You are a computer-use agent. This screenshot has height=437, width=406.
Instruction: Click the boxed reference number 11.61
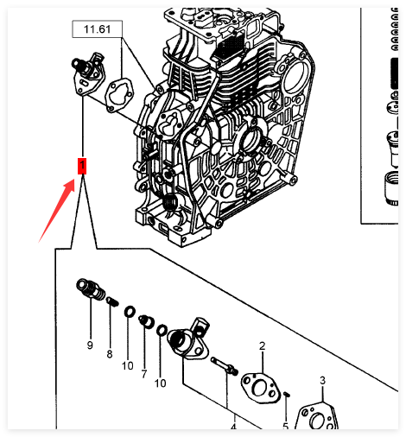pos(97,29)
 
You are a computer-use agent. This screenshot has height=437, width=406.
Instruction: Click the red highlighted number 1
pos(82,166)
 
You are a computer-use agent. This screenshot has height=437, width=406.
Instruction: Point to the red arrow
pos(57,211)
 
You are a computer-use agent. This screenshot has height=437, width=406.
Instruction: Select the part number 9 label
pos(90,345)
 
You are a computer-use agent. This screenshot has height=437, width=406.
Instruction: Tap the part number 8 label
pos(110,354)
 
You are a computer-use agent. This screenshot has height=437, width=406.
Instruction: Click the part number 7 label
pos(144,374)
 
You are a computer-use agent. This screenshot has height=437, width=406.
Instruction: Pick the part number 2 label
pos(262,345)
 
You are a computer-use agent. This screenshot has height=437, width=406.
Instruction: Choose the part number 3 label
pos(322,380)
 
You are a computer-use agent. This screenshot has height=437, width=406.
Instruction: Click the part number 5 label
pos(285,426)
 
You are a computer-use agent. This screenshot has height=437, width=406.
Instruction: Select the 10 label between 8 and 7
pos(128,365)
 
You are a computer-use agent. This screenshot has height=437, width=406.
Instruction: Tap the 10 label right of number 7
pos(161,383)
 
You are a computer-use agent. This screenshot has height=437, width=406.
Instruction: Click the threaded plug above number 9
pos(91,289)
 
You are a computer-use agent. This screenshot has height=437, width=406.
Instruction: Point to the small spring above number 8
pos(112,302)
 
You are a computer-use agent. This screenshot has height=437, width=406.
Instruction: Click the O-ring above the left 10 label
pos(130,312)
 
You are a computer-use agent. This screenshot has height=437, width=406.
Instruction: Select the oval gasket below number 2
pos(260,388)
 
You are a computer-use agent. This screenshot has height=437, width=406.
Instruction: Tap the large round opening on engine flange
pos(295,77)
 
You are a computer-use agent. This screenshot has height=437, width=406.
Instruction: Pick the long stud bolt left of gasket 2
pos(225,366)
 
